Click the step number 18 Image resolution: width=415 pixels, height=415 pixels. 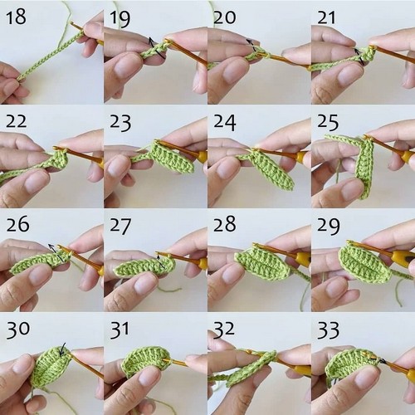pos(16,17)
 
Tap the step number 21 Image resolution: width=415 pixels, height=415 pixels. pos(326,17)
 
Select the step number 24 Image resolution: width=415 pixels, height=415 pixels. pos(225,122)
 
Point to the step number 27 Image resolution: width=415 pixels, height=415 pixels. pos(120,226)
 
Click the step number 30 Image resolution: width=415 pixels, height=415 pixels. pos(17,330)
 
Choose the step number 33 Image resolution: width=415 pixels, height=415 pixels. pos(328,330)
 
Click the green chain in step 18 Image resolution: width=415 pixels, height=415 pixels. pos(50,56)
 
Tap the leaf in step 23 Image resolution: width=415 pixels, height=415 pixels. pos(173,156)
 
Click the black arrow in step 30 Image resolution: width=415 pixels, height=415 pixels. pos(63,349)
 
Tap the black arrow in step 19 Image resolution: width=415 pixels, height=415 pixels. pos(156,47)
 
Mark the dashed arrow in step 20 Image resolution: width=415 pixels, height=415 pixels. pos(251,45)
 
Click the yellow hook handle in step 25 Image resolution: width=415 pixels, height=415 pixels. pos(408,157)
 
